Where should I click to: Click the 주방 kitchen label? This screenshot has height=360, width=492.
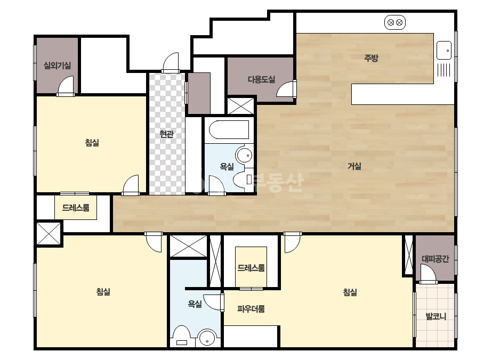[371, 58]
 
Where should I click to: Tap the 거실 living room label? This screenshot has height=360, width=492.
[354, 166]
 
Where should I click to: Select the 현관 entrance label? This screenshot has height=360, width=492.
[166, 134]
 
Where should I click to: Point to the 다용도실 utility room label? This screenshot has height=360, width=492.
[261, 80]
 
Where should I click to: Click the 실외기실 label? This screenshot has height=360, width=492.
[57, 66]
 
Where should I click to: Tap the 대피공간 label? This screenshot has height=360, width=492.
[435, 259]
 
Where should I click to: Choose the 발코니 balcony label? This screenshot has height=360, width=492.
[436, 316]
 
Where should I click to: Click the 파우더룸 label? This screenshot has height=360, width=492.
[251, 309]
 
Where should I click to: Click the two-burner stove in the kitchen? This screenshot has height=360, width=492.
[395, 22]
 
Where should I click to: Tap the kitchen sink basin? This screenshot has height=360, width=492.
[444, 50]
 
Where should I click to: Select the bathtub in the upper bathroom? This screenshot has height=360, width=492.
[229, 129]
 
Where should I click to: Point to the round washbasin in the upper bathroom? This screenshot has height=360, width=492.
[245, 155]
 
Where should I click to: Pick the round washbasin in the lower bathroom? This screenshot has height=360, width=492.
[207, 338]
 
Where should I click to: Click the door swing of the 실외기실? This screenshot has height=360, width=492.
[66, 85]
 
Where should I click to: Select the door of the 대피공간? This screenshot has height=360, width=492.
[428, 274]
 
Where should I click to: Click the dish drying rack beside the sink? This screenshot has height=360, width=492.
[444, 70]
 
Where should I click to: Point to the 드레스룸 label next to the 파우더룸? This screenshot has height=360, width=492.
[251, 268]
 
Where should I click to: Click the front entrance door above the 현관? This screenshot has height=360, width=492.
[171, 63]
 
